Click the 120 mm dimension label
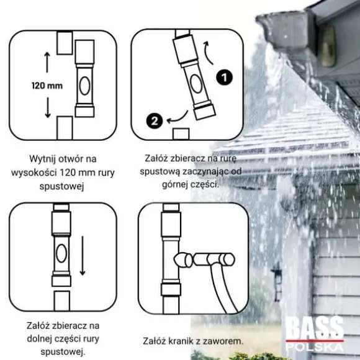tap(47, 86)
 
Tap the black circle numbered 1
tap(224, 77)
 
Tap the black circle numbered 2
tap(155, 121)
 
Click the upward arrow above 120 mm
tap(47, 62)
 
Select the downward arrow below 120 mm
tap(48, 107)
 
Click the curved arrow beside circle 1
tap(208, 53)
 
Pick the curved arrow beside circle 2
tap(178, 118)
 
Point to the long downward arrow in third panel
tap(83, 255)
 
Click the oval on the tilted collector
tap(196, 84)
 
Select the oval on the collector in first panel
tap(84, 86)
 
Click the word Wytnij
tap(43, 160)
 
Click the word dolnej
tap(40, 339)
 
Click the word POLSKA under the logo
tap(315, 347)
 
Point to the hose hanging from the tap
tap(224, 289)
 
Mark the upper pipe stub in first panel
tap(65, 43)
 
